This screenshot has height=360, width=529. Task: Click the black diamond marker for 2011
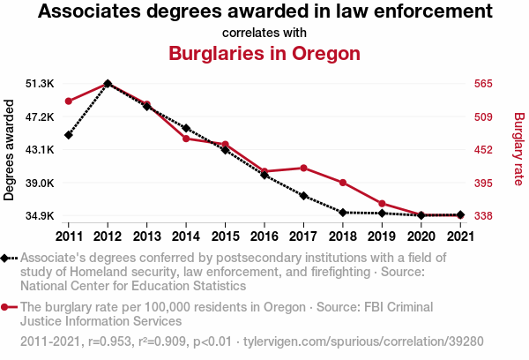(x=69, y=135)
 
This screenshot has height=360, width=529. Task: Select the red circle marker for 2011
(x=69, y=101)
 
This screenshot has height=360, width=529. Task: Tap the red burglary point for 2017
(x=303, y=168)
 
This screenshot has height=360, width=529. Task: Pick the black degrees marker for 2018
(x=342, y=213)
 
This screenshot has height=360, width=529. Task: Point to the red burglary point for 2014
(x=186, y=139)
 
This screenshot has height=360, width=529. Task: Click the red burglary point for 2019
(x=382, y=204)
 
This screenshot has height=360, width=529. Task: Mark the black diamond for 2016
(x=264, y=176)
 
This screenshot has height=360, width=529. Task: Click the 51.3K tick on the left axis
(x=41, y=84)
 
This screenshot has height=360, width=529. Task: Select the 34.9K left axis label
(x=41, y=216)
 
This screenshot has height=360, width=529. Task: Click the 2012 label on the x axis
(x=108, y=236)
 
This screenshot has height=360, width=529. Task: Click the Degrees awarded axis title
(x=10, y=150)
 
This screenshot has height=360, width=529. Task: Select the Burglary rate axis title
(x=518, y=150)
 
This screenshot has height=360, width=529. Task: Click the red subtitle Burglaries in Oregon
(x=264, y=53)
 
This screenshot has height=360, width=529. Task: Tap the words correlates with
(x=264, y=33)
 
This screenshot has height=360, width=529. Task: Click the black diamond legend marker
(x=8, y=258)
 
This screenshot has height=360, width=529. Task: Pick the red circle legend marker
(x=8, y=307)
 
